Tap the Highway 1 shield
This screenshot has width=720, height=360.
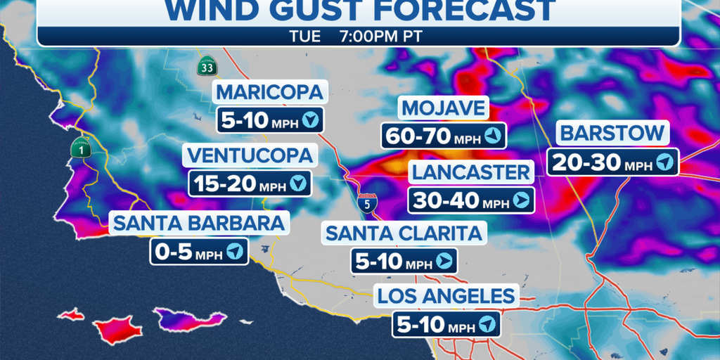click(79, 148)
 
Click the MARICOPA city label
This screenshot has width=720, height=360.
click(270, 91)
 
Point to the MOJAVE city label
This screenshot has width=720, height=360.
click(443, 108)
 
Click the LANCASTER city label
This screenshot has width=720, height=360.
click(470, 172)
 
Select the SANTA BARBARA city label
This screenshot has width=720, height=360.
click(199, 223)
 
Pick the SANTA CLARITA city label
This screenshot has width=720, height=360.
click(404, 232)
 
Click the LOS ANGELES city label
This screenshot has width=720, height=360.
click(446, 295)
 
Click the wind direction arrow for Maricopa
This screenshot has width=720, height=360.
click(311, 120)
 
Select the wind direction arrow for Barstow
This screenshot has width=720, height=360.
click(665, 162)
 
